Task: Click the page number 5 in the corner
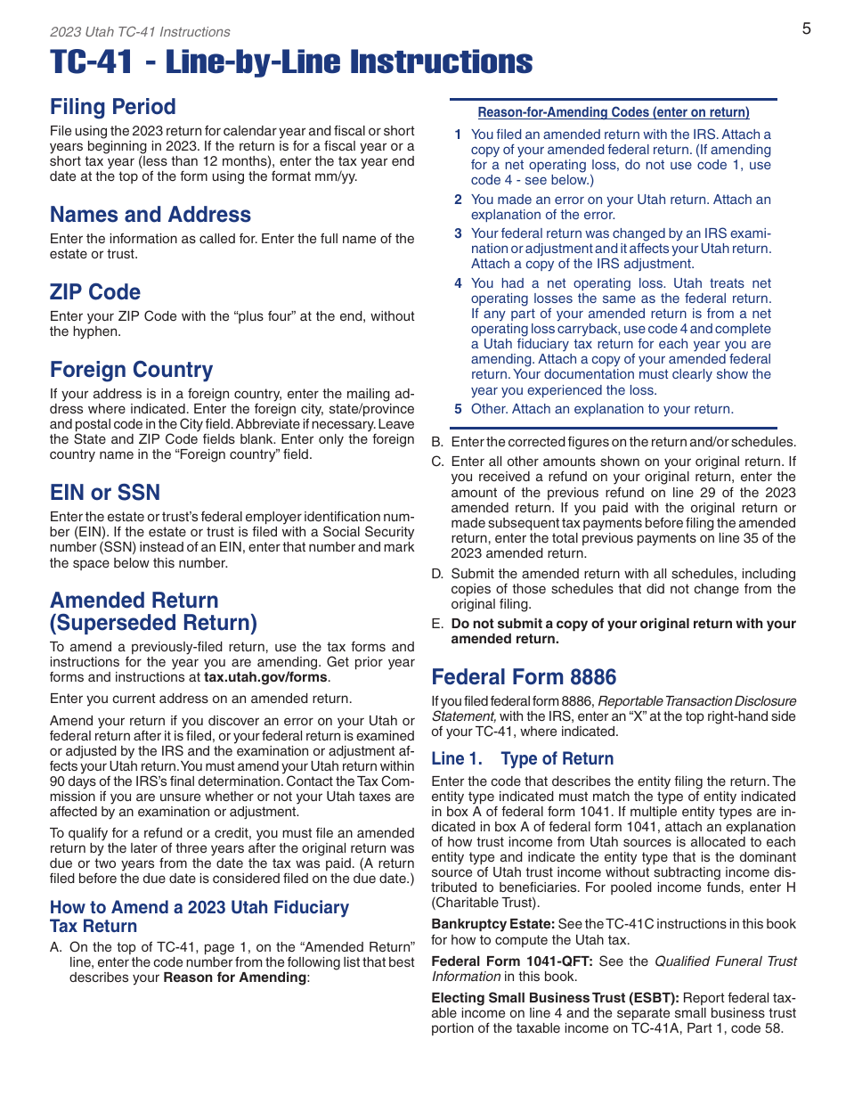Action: [x=806, y=29]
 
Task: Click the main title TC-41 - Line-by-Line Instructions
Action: [x=291, y=63]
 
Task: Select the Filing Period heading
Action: [x=113, y=107]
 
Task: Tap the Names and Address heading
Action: [x=150, y=215]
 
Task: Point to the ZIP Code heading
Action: [x=95, y=292]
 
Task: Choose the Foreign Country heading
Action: [x=132, y=370]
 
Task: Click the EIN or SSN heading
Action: [x=105, y=493]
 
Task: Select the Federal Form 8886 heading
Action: [x=524, y=677]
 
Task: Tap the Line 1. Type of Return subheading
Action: [x=522, y=759]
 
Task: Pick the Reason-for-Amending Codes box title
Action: [x=614, y=112]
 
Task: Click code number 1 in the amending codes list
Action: [x=458, y=135]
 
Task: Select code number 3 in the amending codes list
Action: [x=458, y=234]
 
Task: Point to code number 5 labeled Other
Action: [x=458, y=410]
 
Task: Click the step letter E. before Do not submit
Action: [x=437, y=624]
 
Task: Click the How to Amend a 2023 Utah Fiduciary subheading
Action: [x=199, y=908]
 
